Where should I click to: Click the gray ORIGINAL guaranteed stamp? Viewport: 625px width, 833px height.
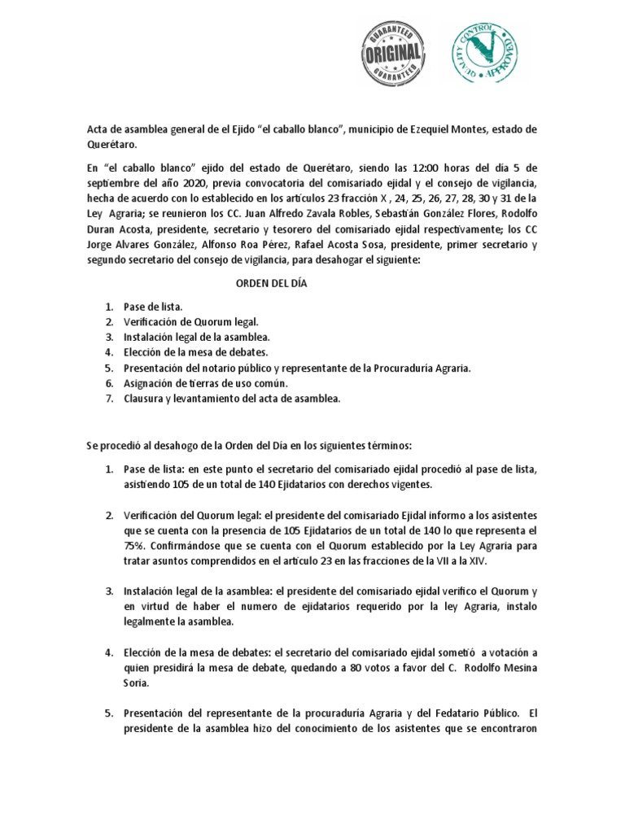[x=393, y=55]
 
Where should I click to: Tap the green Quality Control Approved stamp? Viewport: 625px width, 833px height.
[x=487, y=54]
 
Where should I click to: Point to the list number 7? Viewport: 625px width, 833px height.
[x=108, y=399]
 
